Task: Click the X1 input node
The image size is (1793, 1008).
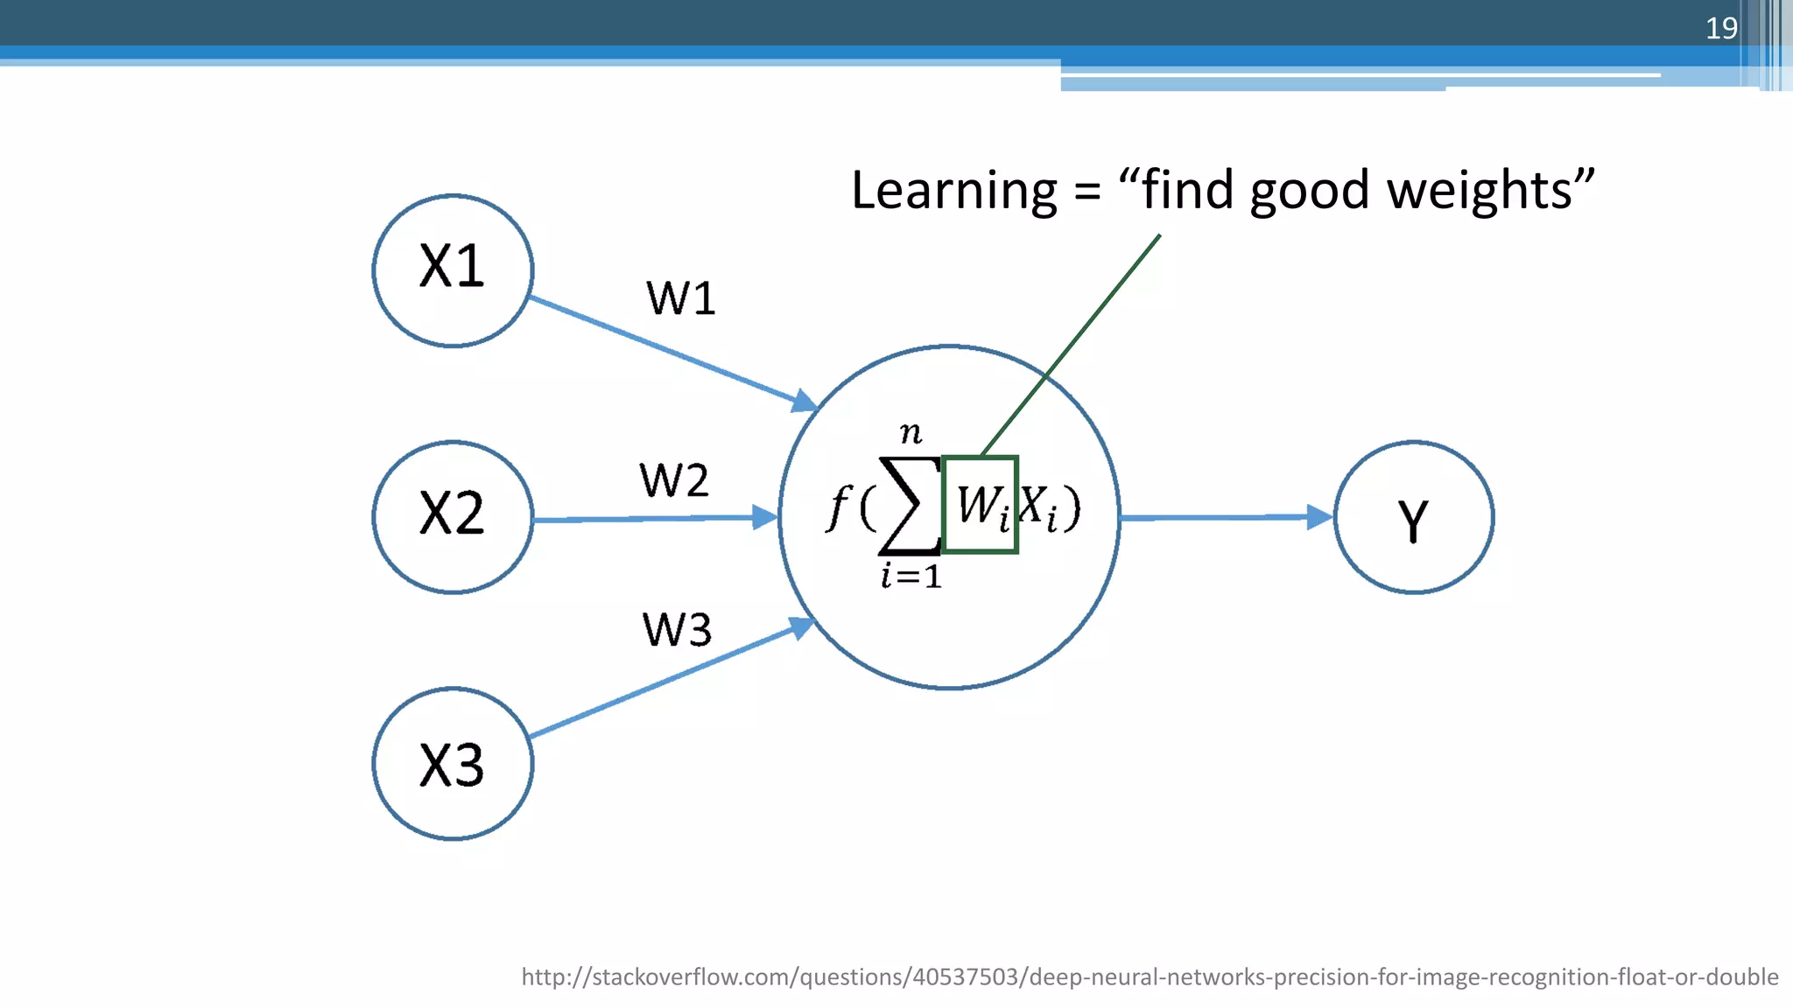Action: point(453,270)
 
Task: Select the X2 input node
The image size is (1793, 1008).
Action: point(453,517)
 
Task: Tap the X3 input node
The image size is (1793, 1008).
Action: point(453,764)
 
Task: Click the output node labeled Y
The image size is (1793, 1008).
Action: point(1414,517)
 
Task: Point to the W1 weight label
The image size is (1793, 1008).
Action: point(681,298)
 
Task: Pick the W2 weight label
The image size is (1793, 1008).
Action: point(674,480)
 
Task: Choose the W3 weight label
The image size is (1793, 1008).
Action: point(677,629)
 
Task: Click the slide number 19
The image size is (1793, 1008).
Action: point(1721,28)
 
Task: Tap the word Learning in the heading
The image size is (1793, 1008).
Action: point(954,190)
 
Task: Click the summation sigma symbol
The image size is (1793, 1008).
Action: point(909,507)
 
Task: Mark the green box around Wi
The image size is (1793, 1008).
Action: point(980,505)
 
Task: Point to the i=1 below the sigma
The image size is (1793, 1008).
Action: point(911,577)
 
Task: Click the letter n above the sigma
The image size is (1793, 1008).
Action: point(911,432)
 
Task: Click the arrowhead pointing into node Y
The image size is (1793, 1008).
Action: point(1319,517)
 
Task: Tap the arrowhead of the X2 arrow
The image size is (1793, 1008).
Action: point(764,517)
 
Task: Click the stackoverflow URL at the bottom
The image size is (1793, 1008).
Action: point(1149,976)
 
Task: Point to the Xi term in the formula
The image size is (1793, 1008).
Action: point(1039,507)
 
